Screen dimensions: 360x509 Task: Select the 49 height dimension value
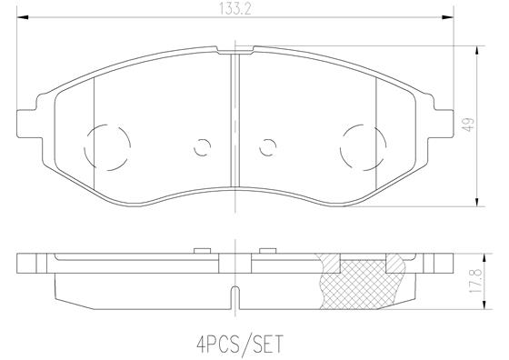click(467, 127)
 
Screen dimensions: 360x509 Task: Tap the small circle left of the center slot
click(204, 144)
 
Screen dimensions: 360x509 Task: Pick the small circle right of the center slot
click(267, 144)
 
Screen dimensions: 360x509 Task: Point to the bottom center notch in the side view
click(235, 296)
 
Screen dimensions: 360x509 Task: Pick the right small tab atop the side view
click(267, 248)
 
